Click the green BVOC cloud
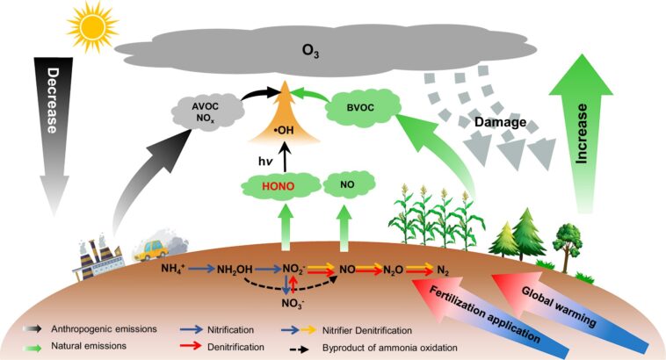(355, 111)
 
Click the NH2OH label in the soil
(238, 266)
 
